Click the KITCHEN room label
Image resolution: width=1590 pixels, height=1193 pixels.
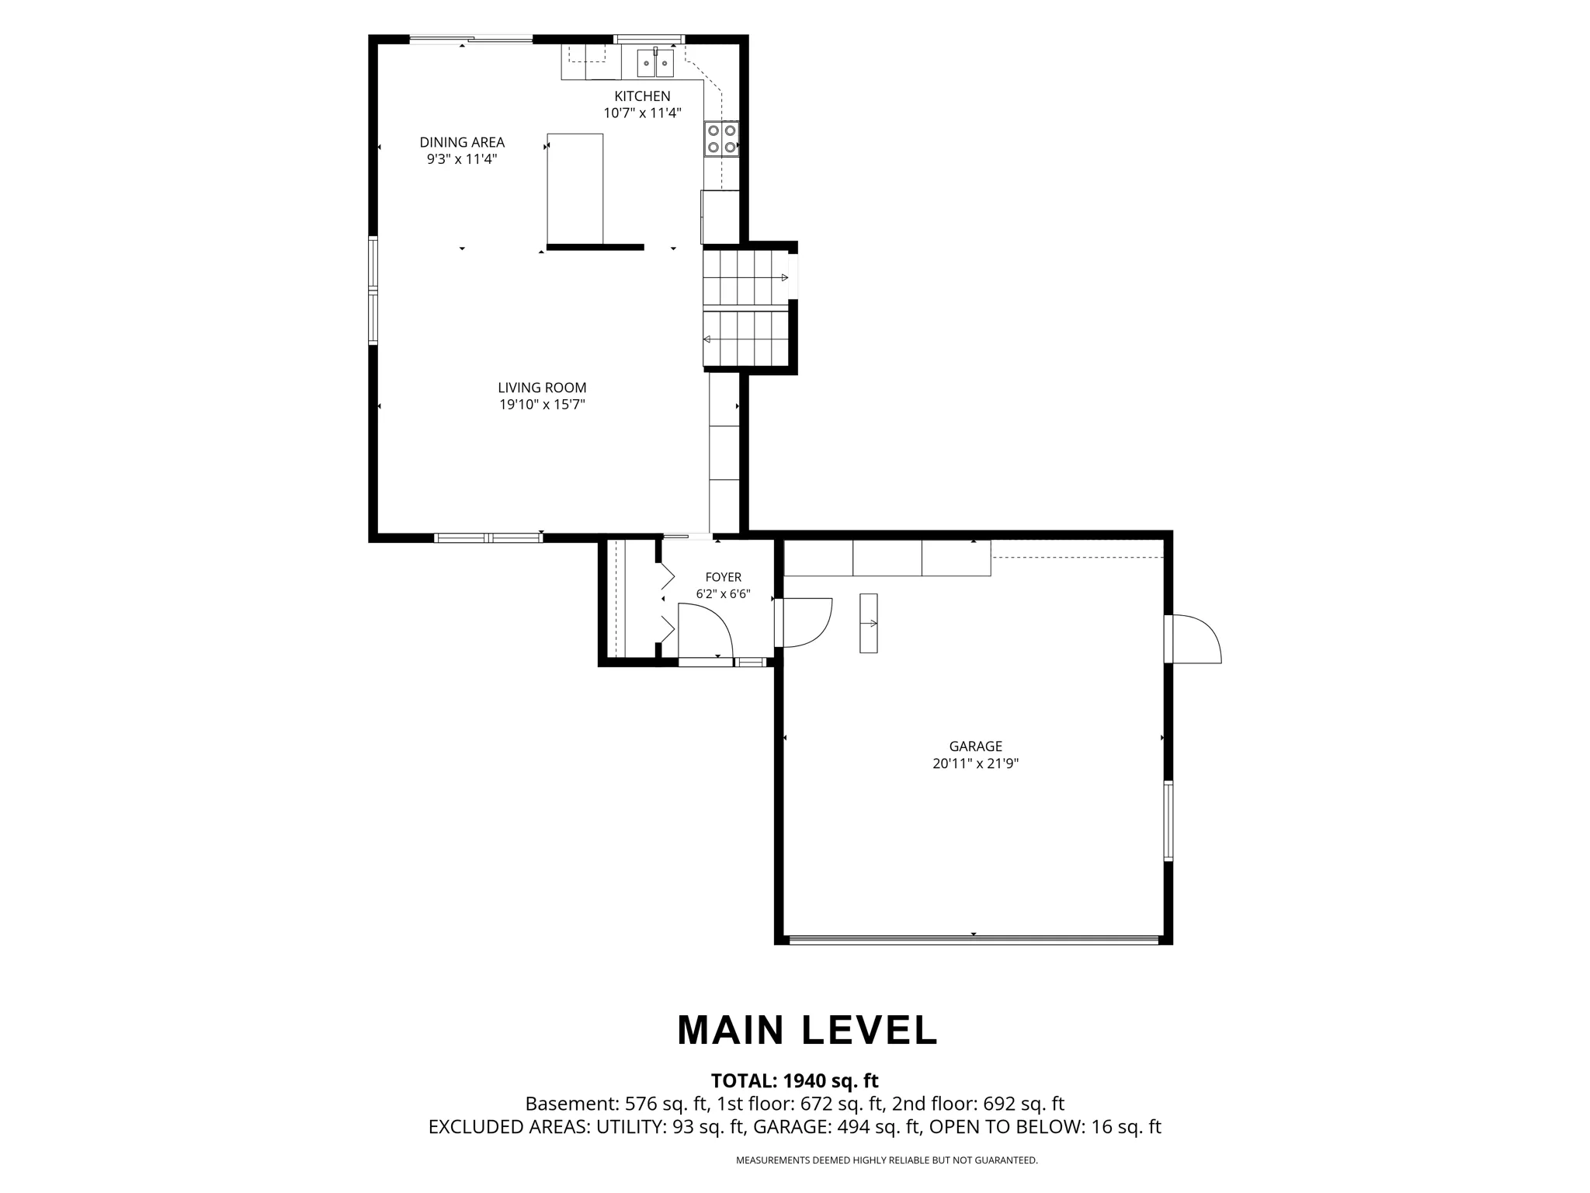642,96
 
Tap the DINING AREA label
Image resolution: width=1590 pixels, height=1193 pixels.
462,142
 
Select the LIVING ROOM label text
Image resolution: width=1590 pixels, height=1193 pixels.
542,388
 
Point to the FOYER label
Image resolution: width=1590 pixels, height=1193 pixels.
723,577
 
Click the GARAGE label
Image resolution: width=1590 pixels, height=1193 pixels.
975,746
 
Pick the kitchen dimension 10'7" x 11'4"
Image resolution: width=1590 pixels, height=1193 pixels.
642,113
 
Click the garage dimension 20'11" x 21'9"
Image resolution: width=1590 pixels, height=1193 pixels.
975,763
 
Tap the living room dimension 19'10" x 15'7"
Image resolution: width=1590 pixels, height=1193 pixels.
542,405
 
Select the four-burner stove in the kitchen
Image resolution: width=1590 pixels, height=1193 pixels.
721,139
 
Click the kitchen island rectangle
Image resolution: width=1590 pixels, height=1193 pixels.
575,189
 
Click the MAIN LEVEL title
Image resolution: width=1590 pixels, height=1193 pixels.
807,1031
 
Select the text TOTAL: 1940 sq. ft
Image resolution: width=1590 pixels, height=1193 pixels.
794,1080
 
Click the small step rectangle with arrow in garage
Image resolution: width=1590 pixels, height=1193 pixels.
868,623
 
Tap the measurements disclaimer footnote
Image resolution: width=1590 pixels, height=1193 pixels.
887,1160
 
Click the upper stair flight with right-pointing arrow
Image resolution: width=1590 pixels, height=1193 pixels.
745,277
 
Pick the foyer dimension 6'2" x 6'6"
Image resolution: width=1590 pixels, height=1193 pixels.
723,594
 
